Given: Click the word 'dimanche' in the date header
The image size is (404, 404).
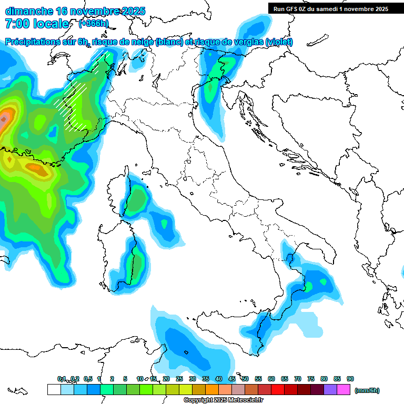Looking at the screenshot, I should (x=26, y=11).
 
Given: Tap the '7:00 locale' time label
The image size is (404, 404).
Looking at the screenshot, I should (x=37, y=24).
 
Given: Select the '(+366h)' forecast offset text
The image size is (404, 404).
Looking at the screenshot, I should (x=93, y=24).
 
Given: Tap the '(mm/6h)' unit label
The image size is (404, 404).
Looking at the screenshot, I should (x=367, y=390).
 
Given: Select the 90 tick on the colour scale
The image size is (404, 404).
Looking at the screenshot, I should (x=350, y=379).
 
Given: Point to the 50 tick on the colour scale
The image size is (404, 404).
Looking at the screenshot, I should (x=245, y=379).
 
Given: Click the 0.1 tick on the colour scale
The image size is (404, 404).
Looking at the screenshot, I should (x=61, y=379).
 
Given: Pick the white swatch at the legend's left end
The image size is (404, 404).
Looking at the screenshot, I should (x=54, y=389).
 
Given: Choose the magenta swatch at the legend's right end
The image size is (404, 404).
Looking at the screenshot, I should (x=344, y=389).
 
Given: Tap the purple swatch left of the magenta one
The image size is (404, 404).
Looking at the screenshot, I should (x=330, y=389).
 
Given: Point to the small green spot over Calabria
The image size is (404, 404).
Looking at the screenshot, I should (x=309, y=286).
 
